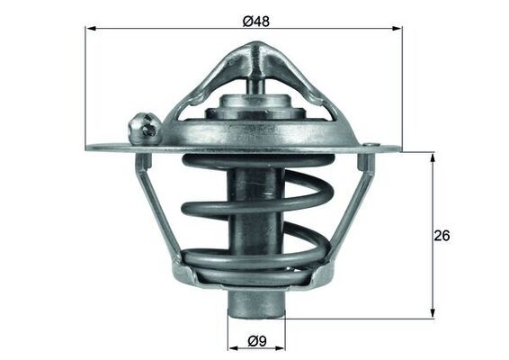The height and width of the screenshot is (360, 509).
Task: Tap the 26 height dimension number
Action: pyautogui.click(x=442, y=235)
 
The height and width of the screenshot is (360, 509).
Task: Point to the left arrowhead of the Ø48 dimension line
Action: pyautogui.click(x=91, y=29)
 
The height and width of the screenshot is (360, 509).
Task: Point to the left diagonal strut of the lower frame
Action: pyautogui.click(x=158, y=216)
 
